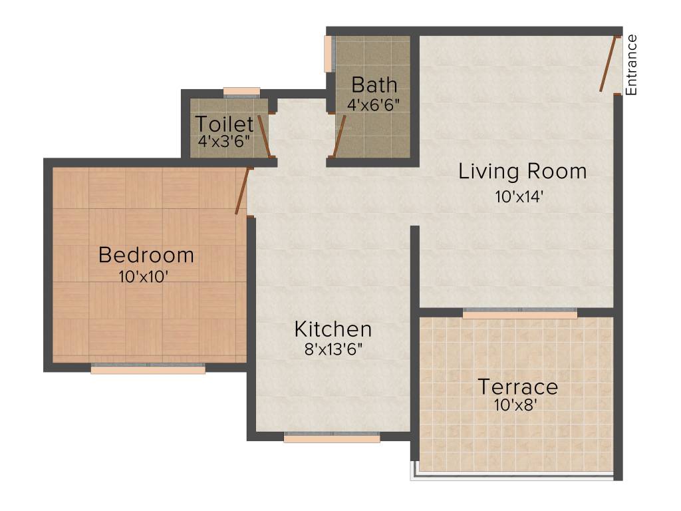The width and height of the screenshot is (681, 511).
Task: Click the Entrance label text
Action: coord(632,65)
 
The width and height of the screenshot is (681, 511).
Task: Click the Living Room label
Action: coord(523,172)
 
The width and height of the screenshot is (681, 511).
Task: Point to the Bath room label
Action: coord(374,85)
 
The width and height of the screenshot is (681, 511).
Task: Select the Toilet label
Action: coord(224,124)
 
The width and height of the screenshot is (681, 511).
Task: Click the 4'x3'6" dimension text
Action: coord(224,142)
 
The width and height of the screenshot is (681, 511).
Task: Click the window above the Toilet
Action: coord(241,92)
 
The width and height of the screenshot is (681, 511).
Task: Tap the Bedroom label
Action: coord(146,255)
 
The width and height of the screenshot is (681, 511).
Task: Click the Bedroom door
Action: coord(242,192)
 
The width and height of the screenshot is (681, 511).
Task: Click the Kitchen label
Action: coord(333,329)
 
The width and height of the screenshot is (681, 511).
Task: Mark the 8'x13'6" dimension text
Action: coord(333,349)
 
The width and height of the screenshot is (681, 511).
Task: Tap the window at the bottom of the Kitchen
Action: coord(332,437)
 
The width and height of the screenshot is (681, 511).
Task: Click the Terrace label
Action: coord(518,387)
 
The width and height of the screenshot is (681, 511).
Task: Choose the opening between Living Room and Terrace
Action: coord(520,313)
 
